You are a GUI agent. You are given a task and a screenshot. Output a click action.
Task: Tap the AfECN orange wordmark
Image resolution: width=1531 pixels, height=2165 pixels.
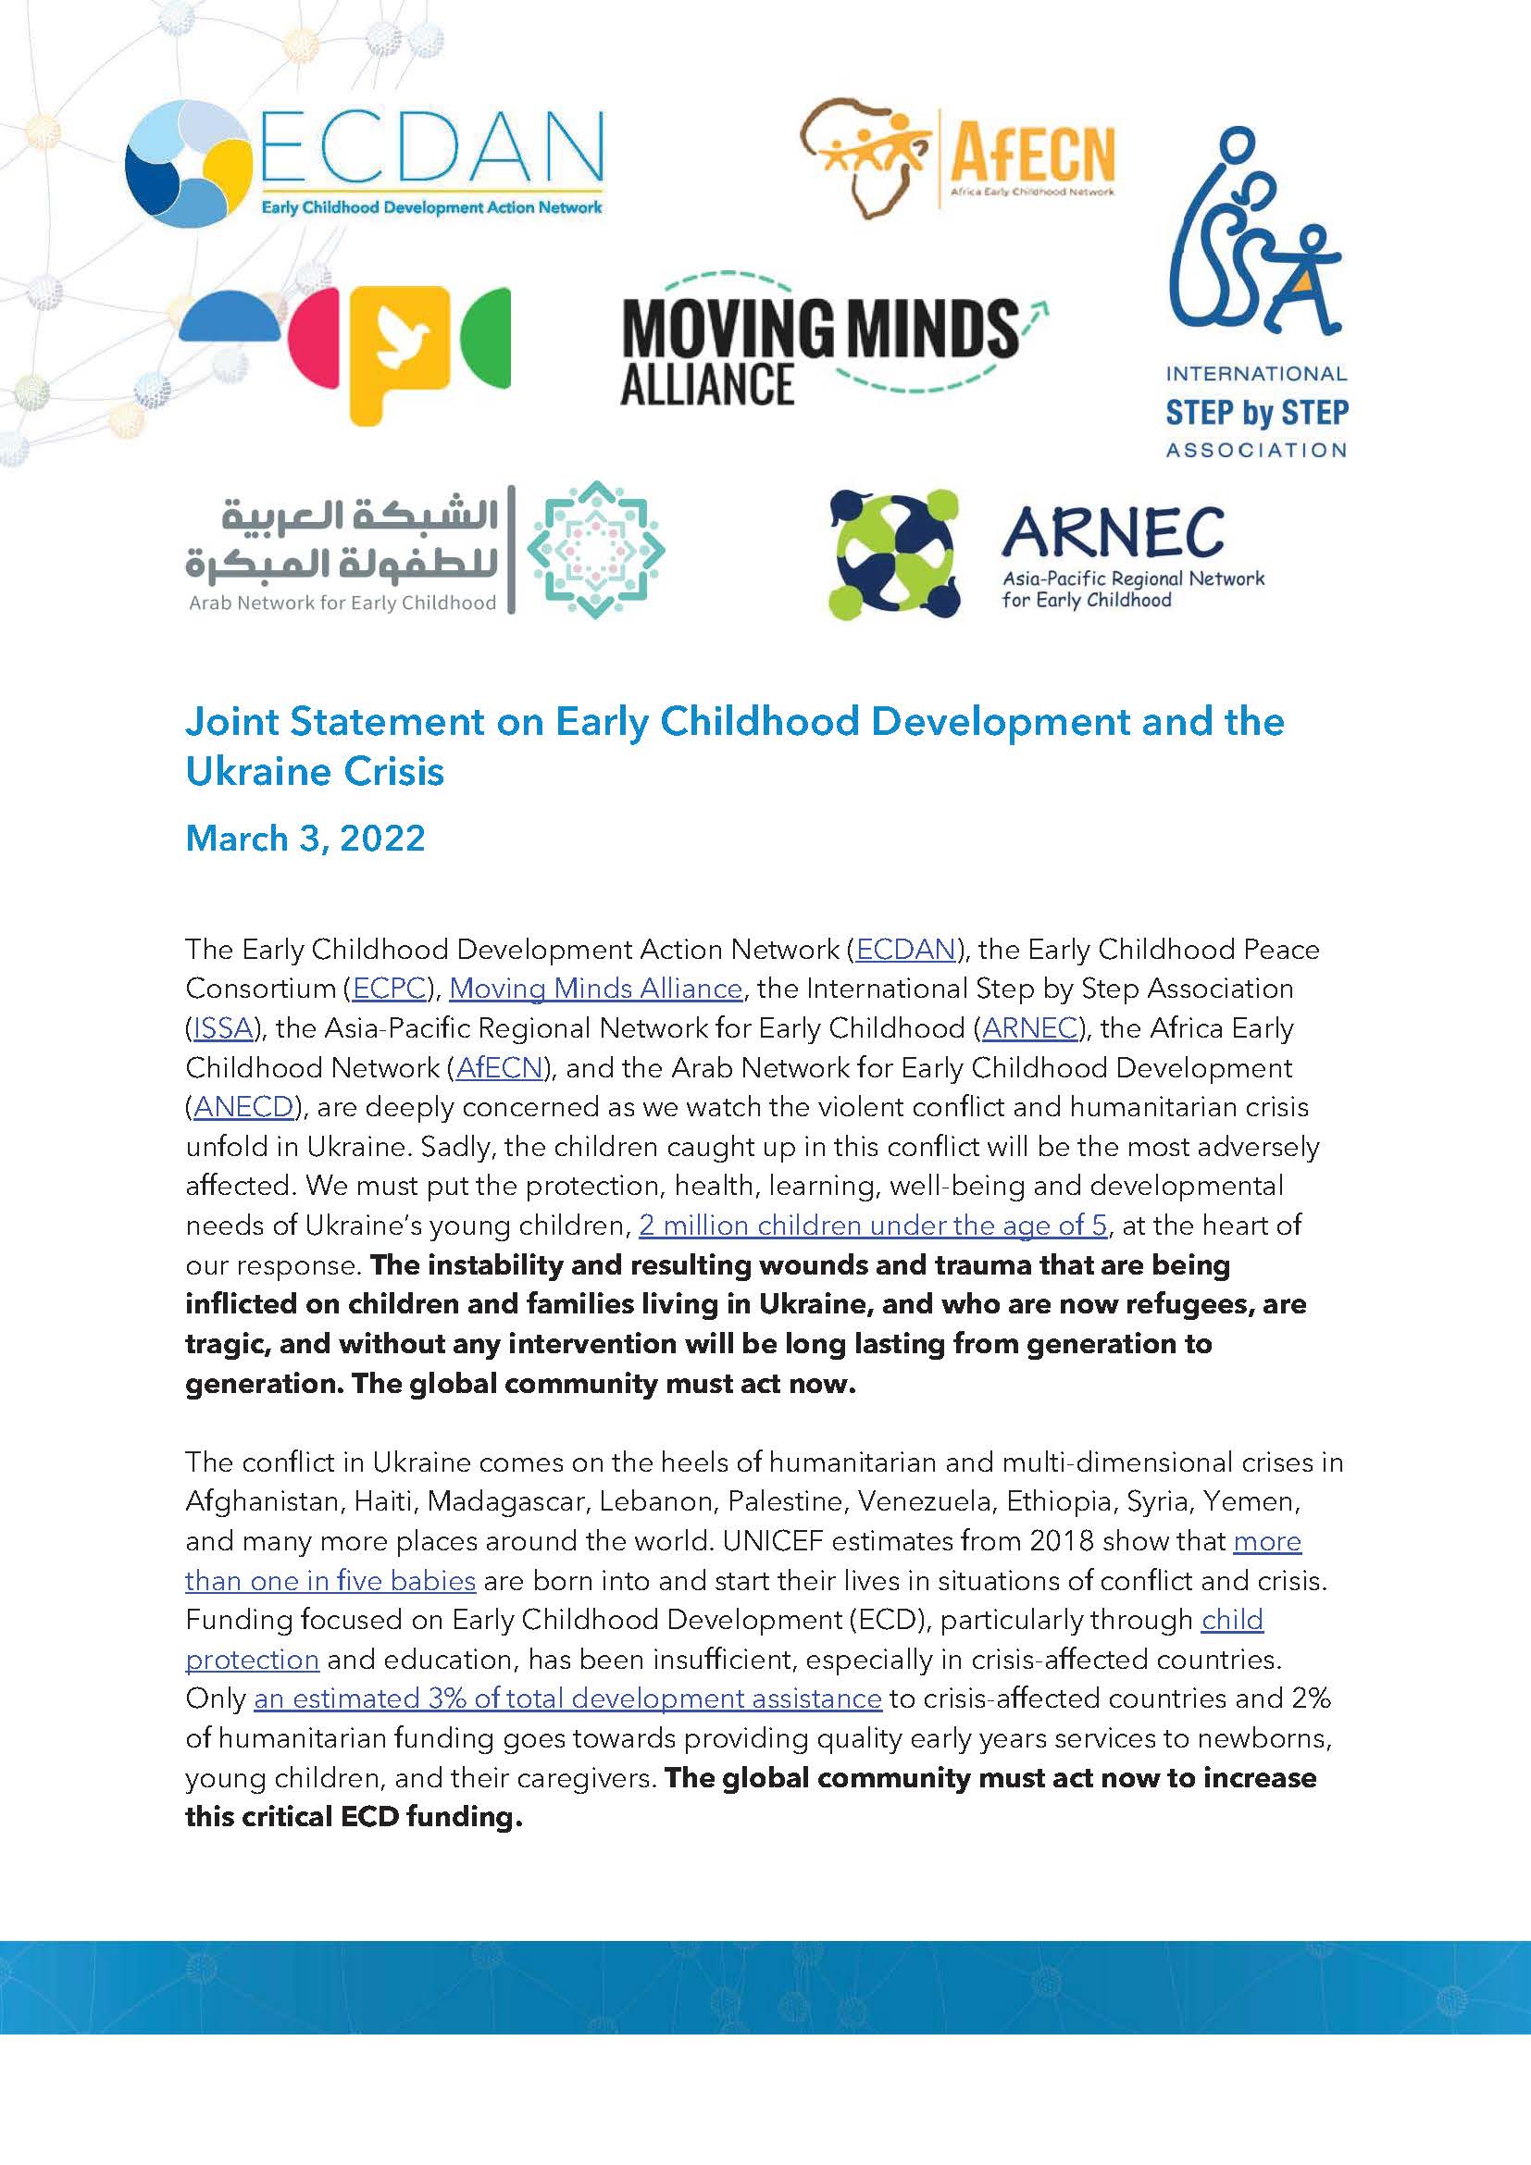click(1031, 154)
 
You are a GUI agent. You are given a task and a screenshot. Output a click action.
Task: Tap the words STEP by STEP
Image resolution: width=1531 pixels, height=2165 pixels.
click(1257, 413)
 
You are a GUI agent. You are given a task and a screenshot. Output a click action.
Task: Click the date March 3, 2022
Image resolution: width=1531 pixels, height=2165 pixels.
click(305, 839)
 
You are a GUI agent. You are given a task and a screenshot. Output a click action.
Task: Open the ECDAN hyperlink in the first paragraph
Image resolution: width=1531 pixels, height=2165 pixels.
click(905, 950)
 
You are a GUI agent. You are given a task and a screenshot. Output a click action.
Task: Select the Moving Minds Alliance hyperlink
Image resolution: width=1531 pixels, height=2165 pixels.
click(596, 989)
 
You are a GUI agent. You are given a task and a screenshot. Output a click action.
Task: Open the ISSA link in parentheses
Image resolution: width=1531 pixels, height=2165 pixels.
click(222, 1028)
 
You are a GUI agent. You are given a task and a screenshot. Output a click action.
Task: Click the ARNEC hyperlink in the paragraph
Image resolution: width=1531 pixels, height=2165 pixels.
click(1029, 1028)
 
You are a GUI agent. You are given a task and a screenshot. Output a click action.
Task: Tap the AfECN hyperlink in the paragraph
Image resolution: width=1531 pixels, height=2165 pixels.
click(500, 1068)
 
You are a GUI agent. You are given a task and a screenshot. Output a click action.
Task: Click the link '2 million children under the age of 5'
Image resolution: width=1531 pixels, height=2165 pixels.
click(872, 1226)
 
